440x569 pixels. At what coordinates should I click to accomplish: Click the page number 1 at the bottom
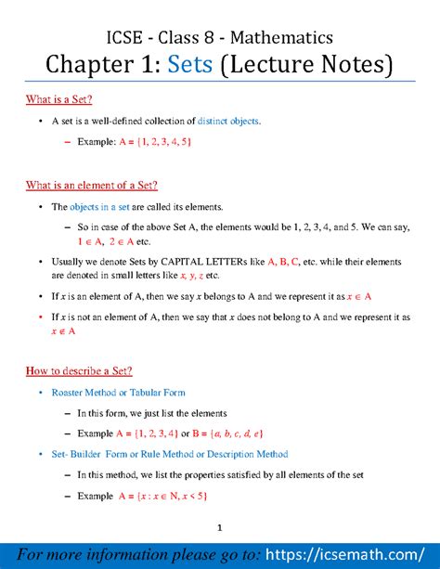click(219, 528)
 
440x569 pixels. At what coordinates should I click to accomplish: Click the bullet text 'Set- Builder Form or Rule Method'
click(170, 454)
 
